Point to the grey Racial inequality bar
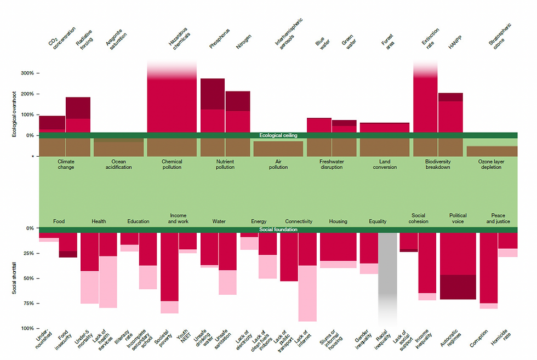coord(388,274)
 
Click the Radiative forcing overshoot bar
coord(78,115)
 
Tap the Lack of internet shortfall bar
coord(307,277)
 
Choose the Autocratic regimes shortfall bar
coord(458,266)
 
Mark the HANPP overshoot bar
coord(450,113)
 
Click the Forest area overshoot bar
coord(384,127)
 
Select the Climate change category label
coord(65,164)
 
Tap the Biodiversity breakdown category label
coord(438,164)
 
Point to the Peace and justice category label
coord(498,219)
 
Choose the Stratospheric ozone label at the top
coord(500,35)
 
